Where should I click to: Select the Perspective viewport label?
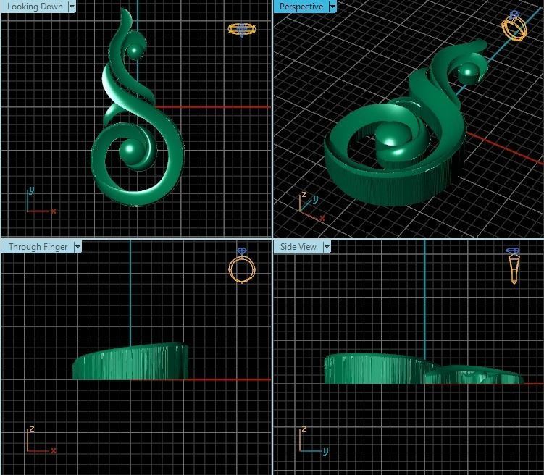301,7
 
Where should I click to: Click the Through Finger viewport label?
38,247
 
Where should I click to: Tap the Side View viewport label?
298,247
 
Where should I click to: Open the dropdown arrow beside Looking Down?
72,7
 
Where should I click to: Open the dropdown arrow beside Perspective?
332,7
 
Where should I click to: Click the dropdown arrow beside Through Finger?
78,247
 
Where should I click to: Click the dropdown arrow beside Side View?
327,247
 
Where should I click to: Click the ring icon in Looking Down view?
240,29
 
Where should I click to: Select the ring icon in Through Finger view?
240,266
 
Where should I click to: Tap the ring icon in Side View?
514,264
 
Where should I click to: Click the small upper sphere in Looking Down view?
135,51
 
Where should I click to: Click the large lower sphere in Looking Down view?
132,151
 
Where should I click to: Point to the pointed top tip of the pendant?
126,10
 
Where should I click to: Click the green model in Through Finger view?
131,362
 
